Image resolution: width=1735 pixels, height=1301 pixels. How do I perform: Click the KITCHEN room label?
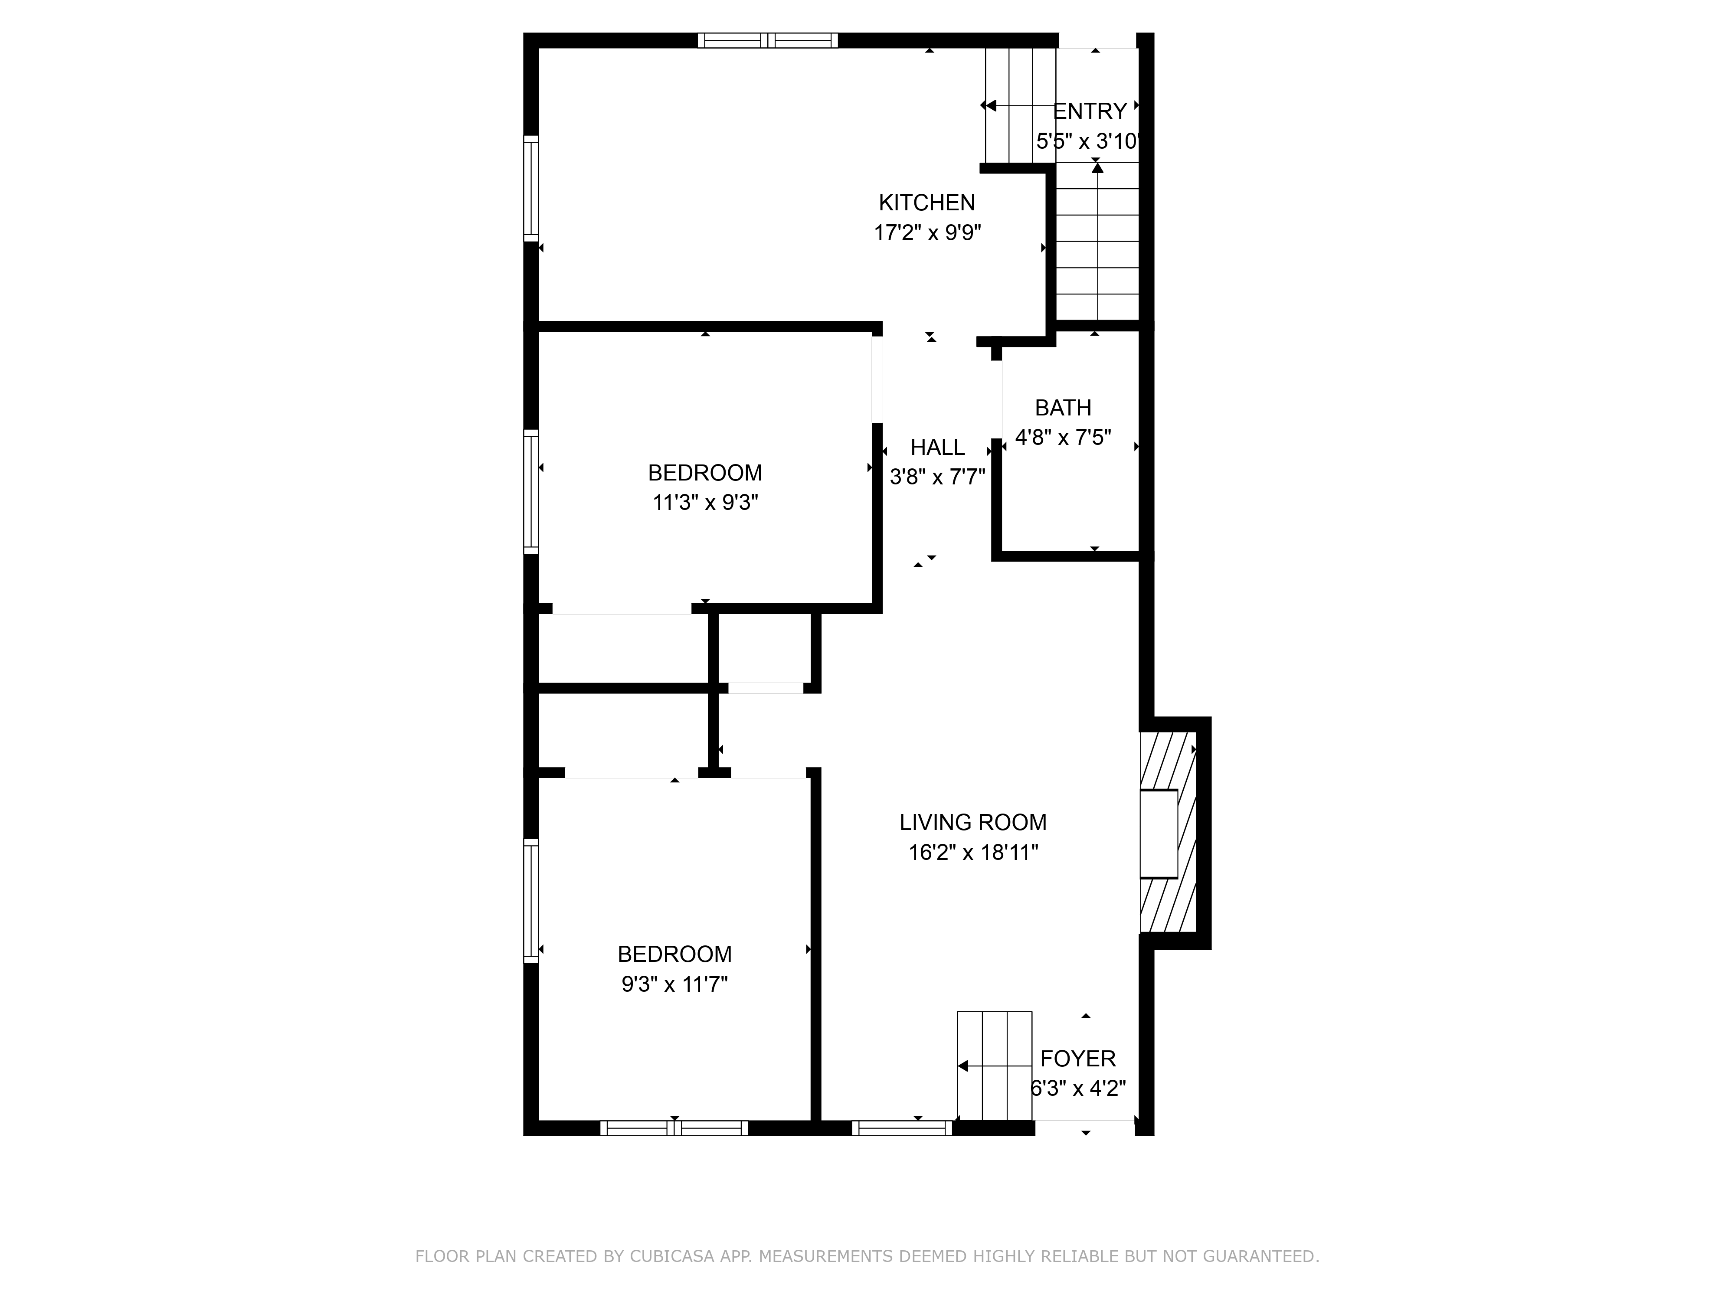(x=926, y=203)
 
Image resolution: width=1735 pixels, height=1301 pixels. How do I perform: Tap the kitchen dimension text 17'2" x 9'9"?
(x=927, y=233)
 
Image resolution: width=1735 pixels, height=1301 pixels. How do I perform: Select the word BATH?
(x=1063, y=408)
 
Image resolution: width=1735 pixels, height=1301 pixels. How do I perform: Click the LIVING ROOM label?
(x=972, y=823)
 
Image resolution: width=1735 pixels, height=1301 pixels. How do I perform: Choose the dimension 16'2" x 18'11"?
(x=972, y=853)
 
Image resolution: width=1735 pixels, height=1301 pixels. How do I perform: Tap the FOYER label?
(x=1078, y=1059)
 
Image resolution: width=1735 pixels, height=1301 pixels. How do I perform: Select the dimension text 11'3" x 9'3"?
(x=705, y=503)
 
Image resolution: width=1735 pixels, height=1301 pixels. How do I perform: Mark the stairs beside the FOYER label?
(x=994, y=1066)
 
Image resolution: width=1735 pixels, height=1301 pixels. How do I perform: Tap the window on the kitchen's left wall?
(x=531, y=188)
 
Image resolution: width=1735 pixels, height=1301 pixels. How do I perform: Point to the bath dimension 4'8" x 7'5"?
(x=1063, y=438)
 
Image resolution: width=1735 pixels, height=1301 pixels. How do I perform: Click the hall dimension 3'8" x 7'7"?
(x=937, y=477)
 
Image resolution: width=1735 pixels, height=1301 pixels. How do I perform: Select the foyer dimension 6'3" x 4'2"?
(x=1078, y=1089)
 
